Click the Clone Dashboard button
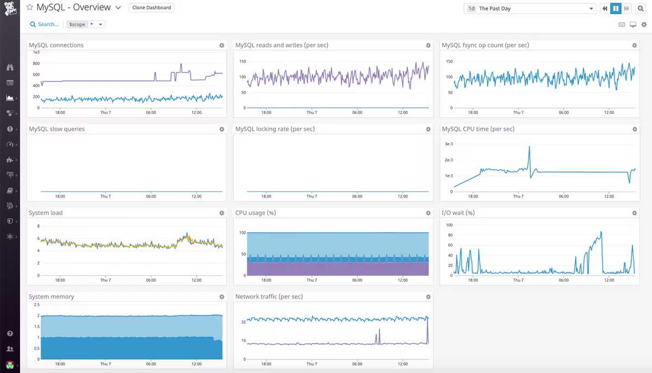152,8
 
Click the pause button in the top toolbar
616,9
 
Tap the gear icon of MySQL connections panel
222,46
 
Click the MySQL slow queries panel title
57,129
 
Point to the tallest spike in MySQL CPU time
529,147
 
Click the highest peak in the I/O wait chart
601,232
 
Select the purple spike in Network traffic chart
379,330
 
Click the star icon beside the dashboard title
30,8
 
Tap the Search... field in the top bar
45,24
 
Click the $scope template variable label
77,24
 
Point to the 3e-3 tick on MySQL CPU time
449,144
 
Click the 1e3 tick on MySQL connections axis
36,52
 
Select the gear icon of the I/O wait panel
635,213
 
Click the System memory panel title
52,297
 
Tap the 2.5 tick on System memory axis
36,305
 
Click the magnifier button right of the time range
641,9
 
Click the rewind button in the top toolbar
605,9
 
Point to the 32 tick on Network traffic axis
243,322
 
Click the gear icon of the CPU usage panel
428,213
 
